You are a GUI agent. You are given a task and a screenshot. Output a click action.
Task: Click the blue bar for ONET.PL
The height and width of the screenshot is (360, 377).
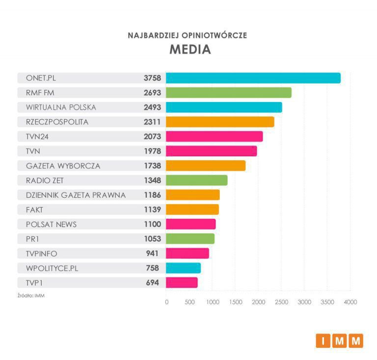pos(253,78)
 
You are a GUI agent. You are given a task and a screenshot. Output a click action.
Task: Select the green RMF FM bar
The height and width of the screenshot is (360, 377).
pos(228,93)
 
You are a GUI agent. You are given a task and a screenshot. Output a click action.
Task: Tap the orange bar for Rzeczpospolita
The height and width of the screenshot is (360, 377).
pos(220,122)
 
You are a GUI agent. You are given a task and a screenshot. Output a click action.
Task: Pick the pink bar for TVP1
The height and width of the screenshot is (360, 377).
pos(182,283)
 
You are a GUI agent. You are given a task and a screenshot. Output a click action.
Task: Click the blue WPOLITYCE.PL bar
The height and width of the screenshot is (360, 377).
pos(183,268)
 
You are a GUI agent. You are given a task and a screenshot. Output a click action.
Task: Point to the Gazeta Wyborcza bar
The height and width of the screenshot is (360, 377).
pos(205,166)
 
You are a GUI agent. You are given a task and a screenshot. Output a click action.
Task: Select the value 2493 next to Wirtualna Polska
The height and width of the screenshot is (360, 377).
pos(152,107)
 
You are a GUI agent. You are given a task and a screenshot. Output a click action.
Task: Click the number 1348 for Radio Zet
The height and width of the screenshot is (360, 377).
pos(152,180)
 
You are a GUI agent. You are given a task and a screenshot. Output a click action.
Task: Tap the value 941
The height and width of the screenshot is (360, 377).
pos(154,254)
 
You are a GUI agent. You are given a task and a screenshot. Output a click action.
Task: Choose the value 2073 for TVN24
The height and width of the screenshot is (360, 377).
pos(152,136)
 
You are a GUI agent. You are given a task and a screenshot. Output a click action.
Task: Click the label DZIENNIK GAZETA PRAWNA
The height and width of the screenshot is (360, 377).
pos(76,195)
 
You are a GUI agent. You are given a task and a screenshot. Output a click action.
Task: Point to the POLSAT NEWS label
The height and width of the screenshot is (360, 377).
pos(51,224)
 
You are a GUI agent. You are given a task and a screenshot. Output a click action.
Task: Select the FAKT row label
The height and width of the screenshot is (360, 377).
pos(35,210)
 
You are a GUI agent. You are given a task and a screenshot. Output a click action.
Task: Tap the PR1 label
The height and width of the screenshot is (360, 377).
pos(33,239)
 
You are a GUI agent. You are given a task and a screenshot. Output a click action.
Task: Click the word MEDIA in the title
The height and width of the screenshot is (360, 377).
pos(190,50)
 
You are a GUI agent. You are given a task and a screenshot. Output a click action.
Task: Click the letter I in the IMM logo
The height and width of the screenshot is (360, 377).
pos(323,340)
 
